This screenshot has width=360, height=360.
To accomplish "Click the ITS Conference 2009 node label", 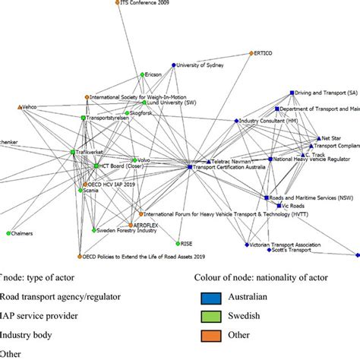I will point(149,3).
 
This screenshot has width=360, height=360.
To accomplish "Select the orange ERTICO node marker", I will point(252,53).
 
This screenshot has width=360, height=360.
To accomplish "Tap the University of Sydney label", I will point(204,65).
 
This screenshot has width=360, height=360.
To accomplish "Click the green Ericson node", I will point(142,74).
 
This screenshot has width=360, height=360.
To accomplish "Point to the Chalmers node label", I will point(23,233).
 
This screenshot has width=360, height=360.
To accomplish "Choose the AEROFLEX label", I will point(149,226).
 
